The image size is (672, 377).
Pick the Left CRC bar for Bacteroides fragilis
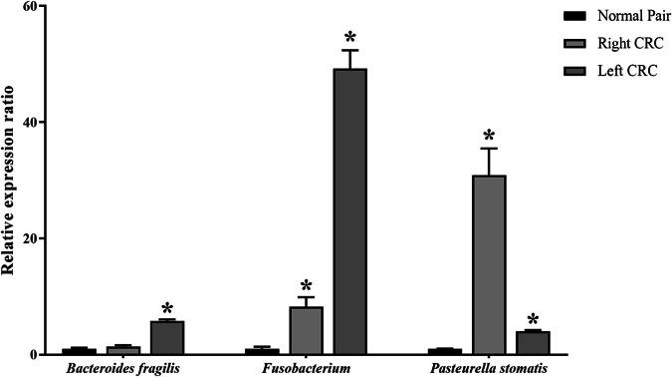[x=167, y=338]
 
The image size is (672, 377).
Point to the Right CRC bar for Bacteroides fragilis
[x=124, y=350]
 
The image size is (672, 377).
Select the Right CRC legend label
[x=625, y=44]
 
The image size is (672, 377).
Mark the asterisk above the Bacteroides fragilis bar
[x=167, y=307]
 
